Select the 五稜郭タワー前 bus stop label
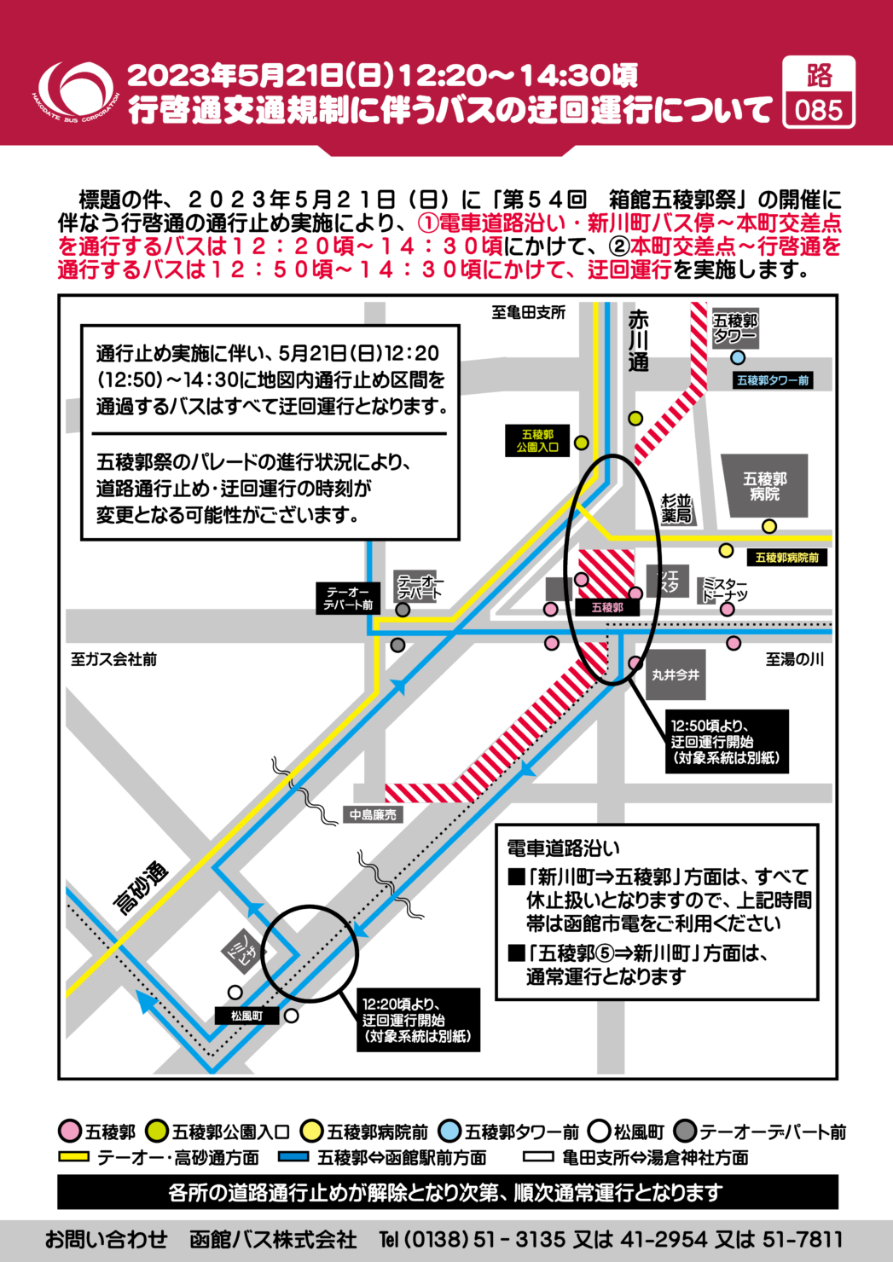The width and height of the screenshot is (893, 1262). [773, 380]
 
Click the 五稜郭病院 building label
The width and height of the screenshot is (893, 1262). [764, 486]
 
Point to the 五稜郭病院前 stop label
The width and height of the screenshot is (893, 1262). [786, 558]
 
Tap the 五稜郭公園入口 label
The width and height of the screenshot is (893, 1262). [537, 441]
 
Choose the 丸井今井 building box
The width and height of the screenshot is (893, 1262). [676, 675]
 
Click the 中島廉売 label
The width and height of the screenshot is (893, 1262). [373, 815]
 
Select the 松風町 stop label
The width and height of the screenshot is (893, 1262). [246, 1016]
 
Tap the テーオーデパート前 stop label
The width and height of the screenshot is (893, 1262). [349, 599]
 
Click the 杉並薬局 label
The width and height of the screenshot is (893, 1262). [676, 508]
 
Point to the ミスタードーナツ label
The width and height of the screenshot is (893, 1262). [724, 589]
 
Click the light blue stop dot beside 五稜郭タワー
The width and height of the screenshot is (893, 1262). [738, 358]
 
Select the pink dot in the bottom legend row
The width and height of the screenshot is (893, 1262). [70, 1131]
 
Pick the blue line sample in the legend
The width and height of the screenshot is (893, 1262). [293, 1156]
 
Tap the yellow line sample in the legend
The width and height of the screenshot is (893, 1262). [74, 1156]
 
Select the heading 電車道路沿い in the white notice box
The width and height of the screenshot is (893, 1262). [564, 848]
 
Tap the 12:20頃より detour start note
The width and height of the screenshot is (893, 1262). [416, 1020]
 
